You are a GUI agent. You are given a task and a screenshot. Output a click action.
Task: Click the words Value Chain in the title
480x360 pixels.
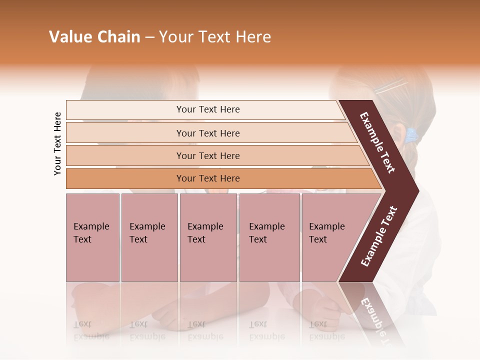coord(94,37)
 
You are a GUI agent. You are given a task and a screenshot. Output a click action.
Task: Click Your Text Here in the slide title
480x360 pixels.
coord(215,37)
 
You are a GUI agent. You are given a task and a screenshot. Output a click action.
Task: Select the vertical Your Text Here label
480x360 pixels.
coord(57,143)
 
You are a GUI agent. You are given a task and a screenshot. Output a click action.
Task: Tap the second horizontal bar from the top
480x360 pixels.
coord(207,133)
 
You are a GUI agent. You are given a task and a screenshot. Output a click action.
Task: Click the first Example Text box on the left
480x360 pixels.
coord(92,237)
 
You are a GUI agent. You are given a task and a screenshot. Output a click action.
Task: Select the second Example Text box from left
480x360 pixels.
coord(149,237)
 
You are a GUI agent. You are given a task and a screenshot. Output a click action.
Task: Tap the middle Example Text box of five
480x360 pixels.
coord(208,237)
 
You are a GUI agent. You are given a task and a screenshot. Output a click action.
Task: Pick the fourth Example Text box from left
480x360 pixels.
coord(269,237)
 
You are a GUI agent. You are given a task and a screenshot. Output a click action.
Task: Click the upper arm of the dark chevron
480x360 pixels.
coord(377,142)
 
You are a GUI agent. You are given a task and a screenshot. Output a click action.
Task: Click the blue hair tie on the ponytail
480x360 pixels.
coord(411,134)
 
